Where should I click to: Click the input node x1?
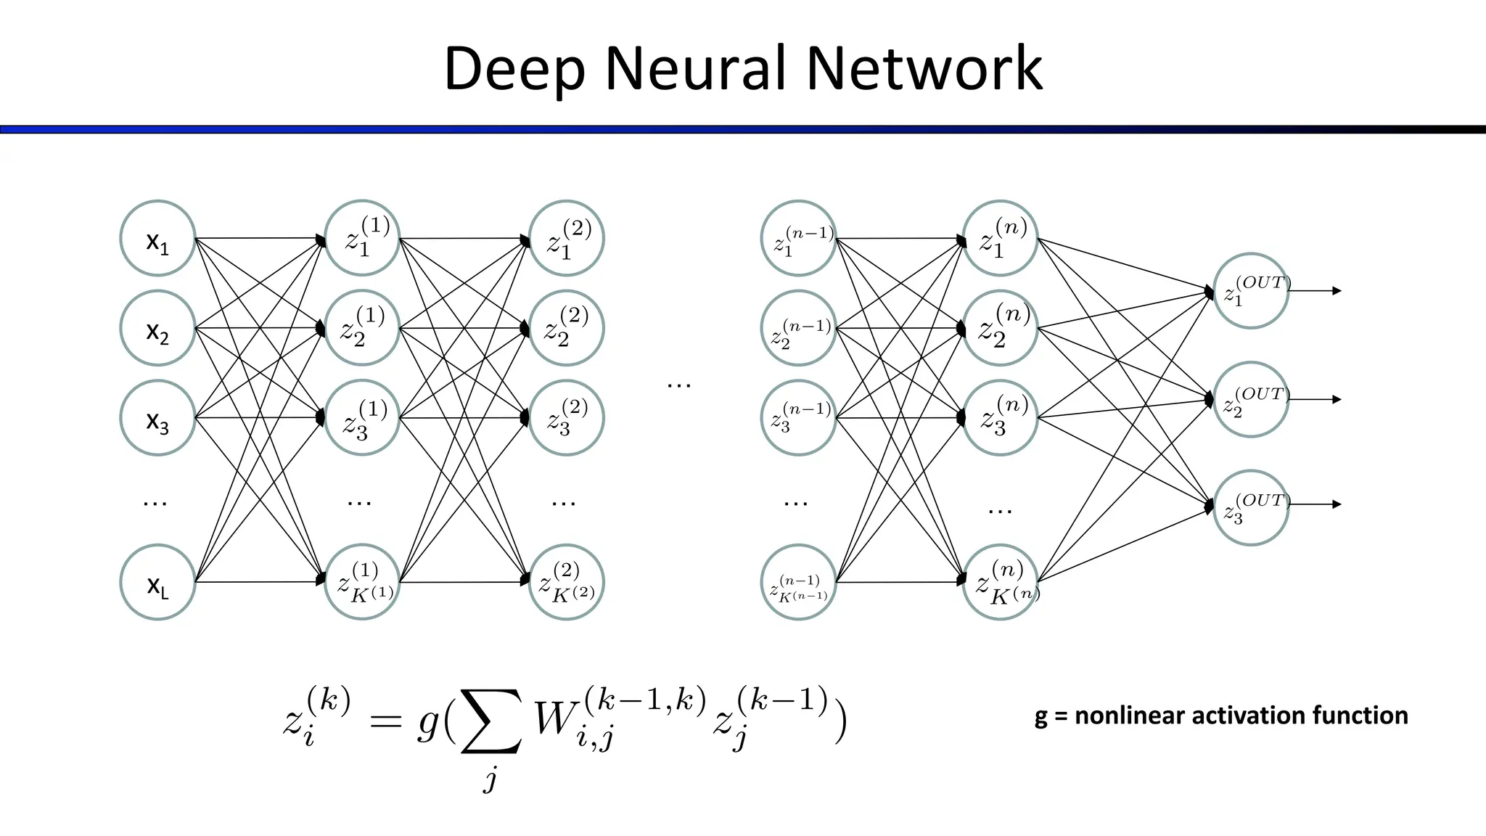click(157, 238)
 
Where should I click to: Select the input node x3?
click(157, 418)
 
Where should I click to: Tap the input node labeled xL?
click(157, 582)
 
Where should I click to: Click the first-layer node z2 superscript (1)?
click(362, 328)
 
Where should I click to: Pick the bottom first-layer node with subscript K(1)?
click(362, 582)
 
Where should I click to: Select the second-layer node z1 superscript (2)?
click(567, 238)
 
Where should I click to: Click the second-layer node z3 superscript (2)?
click(567, 418)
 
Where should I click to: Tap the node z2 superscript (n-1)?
click(799, 328)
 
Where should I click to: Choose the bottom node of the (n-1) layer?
click(799, 582)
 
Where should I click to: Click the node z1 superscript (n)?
click(1001, 238)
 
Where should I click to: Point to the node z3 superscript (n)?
click(1001, 418)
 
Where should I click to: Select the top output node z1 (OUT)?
click(1251, 290)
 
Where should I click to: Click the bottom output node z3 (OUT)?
click(1251, 507)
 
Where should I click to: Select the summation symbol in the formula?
click(491, 721)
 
